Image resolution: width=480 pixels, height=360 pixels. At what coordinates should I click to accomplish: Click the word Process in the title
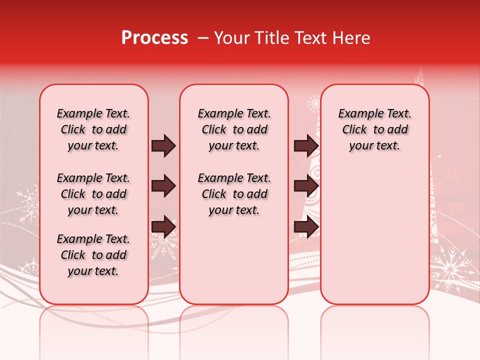[154, 38]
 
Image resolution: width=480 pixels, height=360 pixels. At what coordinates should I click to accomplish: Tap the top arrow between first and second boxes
[163, 145]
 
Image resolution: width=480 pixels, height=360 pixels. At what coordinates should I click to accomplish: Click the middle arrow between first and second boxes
[163, 186]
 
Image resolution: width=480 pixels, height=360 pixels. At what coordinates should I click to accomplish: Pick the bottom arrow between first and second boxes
[163, 227]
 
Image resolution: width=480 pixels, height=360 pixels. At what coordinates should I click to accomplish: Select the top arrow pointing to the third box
[306, 145]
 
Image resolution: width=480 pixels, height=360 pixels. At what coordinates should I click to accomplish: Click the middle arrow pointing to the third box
[306, 186]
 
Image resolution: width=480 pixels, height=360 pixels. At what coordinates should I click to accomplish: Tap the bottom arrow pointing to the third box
[306, 227]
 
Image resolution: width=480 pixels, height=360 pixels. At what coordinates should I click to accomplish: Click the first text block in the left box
[93, 129]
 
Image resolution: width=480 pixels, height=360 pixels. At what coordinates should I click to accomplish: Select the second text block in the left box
[93, 194]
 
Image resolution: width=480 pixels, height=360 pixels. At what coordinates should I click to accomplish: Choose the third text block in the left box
[93, 255]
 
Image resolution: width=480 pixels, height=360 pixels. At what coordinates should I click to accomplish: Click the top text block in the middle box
[234, 129]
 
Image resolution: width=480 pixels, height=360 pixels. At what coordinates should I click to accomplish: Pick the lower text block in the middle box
[234, 194]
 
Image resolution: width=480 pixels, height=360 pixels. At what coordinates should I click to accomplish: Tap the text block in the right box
[374, 129]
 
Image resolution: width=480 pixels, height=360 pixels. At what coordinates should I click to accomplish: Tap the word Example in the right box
[357, 114]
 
